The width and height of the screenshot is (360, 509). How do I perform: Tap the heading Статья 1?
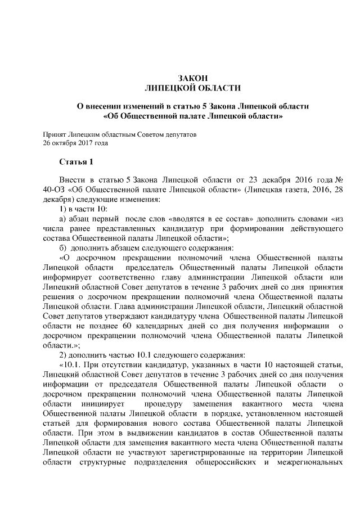point(76,162)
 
